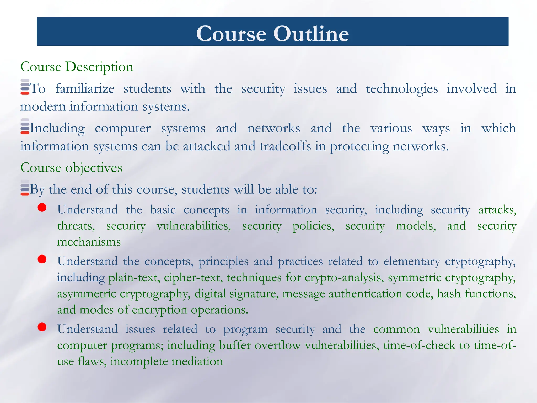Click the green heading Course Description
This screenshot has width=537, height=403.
click(x=77, y=67)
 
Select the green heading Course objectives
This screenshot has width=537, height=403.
click(x=71, y=168)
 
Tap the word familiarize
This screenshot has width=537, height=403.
click(x=85, y=89)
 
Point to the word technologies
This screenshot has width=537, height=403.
click(x=402, y=89)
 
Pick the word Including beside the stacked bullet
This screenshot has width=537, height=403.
click(x=57, y=129)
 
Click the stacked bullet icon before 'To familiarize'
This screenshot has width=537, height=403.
click(x=25, y=87)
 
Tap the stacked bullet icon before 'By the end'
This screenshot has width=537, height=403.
click(x=25, y=188)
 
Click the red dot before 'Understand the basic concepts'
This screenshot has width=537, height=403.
click(x=42, y=208)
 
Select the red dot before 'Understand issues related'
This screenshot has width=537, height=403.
click(x=42, y=327)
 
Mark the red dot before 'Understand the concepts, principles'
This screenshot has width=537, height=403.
click(x=42, y=259)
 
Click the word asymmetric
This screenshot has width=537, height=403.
click(x=87, y=294)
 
